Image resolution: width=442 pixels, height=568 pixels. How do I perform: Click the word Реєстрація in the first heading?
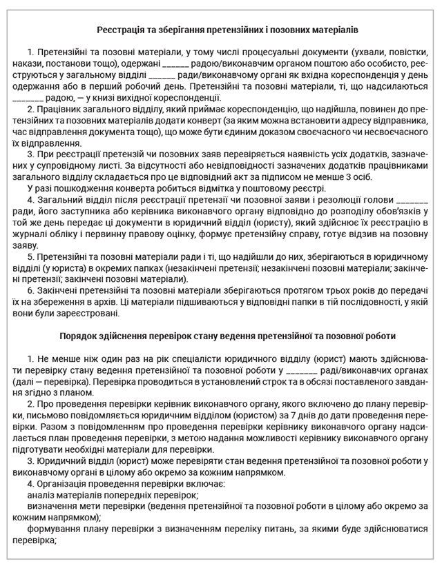pyautogui.click(x=117, y=30)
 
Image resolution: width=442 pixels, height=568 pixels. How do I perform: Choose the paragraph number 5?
pyautogui.click(x=30, y=256)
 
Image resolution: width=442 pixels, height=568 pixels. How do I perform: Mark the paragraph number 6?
pyautogui.click(x=30, y=290)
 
